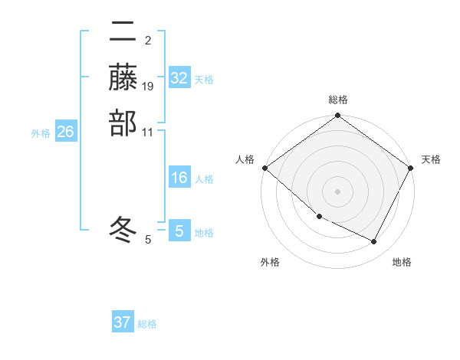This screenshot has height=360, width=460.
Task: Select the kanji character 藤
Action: click(123, 77)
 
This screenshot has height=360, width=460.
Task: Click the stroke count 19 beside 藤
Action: click(148, 86)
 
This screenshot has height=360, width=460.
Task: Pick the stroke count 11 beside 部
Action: click(148, 132)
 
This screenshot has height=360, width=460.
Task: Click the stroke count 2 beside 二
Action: click(148, 40)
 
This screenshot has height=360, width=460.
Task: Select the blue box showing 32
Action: click(179, 78)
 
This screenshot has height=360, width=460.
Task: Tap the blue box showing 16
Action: click(179, 178)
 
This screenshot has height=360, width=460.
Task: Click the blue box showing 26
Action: click(65, 132)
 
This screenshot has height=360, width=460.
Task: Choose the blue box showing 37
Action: click(123, 322)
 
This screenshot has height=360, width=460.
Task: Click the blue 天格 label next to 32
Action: click(204, 80)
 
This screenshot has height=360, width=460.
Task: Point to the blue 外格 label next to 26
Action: click(41, 133)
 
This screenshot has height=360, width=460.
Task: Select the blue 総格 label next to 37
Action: click(147, 324)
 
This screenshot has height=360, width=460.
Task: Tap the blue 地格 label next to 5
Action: click(204, 233)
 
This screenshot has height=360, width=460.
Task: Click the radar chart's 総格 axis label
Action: click(338, 100)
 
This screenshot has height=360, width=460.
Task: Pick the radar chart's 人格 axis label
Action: click(245, 159)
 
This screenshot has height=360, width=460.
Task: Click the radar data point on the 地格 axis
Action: click(374, 242)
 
